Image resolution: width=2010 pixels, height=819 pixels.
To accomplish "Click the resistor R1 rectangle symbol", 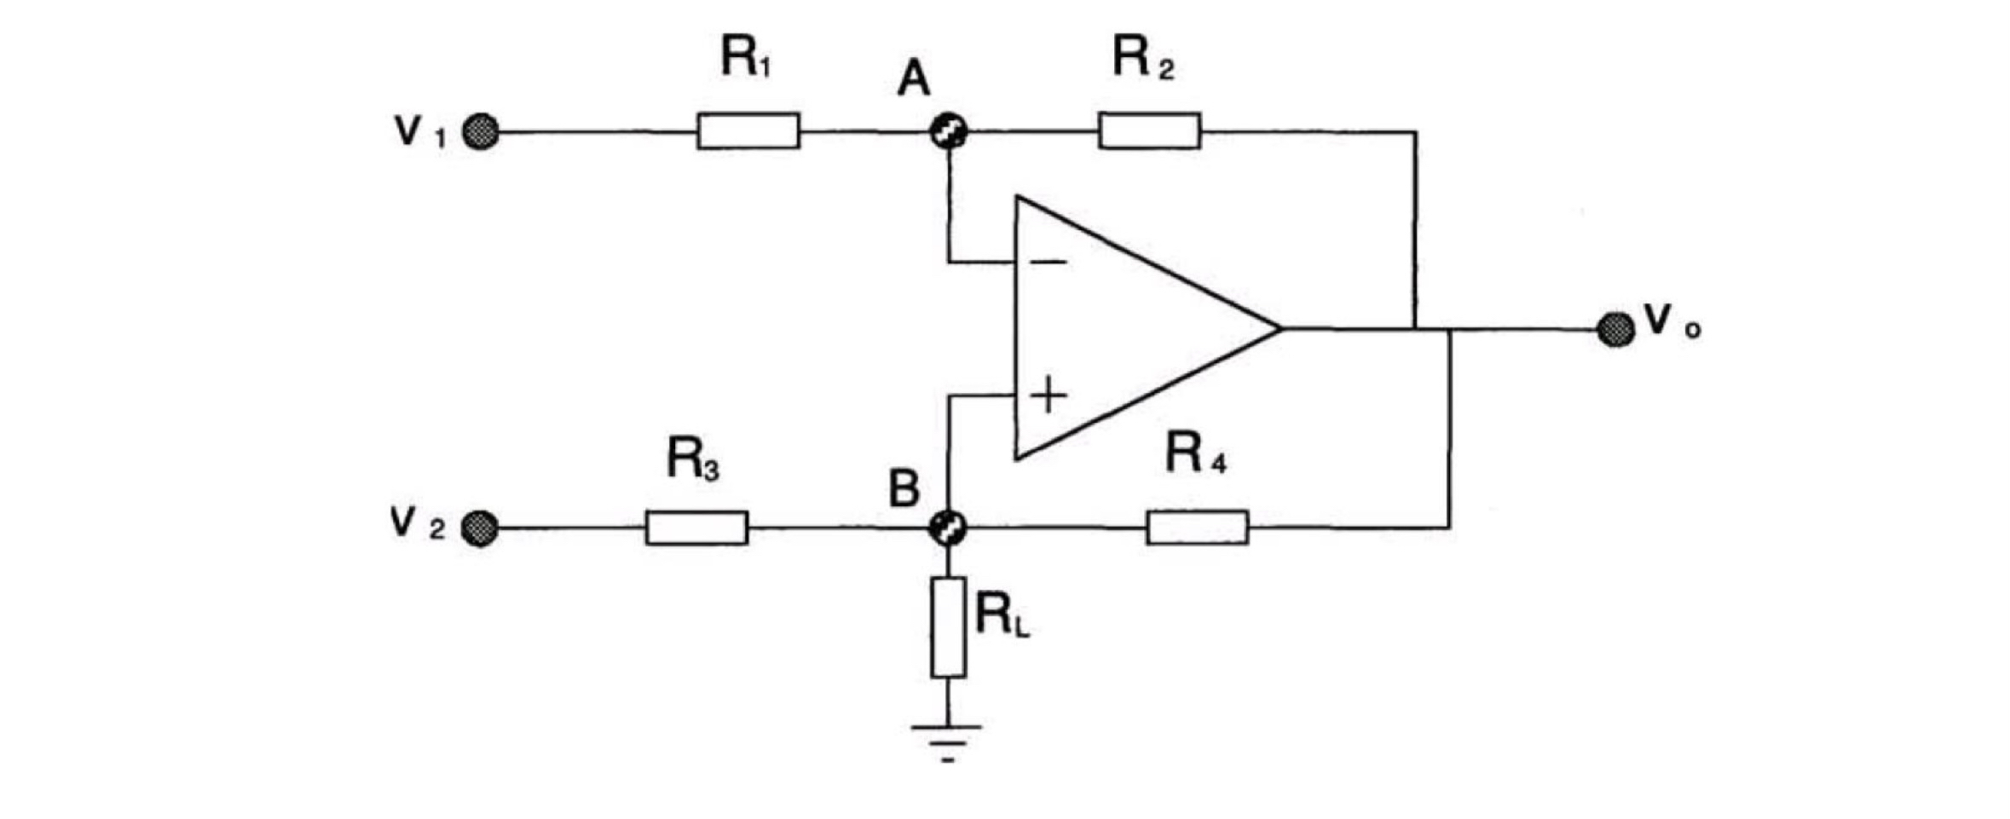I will click(748, 131).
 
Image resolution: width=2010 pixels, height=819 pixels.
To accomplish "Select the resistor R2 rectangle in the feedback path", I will click(1149, 131).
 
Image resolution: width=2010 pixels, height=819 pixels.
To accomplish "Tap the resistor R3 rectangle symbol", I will click(696, 528).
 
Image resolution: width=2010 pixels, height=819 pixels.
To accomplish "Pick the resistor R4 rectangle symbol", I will click(1197, 528).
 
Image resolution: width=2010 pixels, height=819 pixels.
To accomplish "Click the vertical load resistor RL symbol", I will click(948, 627).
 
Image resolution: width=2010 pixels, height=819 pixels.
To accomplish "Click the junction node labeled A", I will click(948, 132).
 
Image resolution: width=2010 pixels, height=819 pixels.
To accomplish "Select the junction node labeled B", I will click(947, 528).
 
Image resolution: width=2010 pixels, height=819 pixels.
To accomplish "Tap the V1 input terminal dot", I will click(481, 133).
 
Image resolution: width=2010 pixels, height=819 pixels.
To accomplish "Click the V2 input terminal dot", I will click(479, 528).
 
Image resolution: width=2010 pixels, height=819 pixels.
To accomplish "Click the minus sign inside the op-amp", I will click(1048, 262).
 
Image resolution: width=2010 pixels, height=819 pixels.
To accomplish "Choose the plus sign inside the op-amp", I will click(1048, 395).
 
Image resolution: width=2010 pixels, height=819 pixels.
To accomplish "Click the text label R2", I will click(1142, 59).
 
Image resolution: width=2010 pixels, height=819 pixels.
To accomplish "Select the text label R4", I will click(1194, 454).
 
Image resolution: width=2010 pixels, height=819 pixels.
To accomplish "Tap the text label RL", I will click(1002, 615).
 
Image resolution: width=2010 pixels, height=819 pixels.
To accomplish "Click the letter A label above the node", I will click(914, 81).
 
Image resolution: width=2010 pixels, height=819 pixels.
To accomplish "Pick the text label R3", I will click(692, 459).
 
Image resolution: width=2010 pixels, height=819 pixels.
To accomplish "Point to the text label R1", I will click(746, 58).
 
